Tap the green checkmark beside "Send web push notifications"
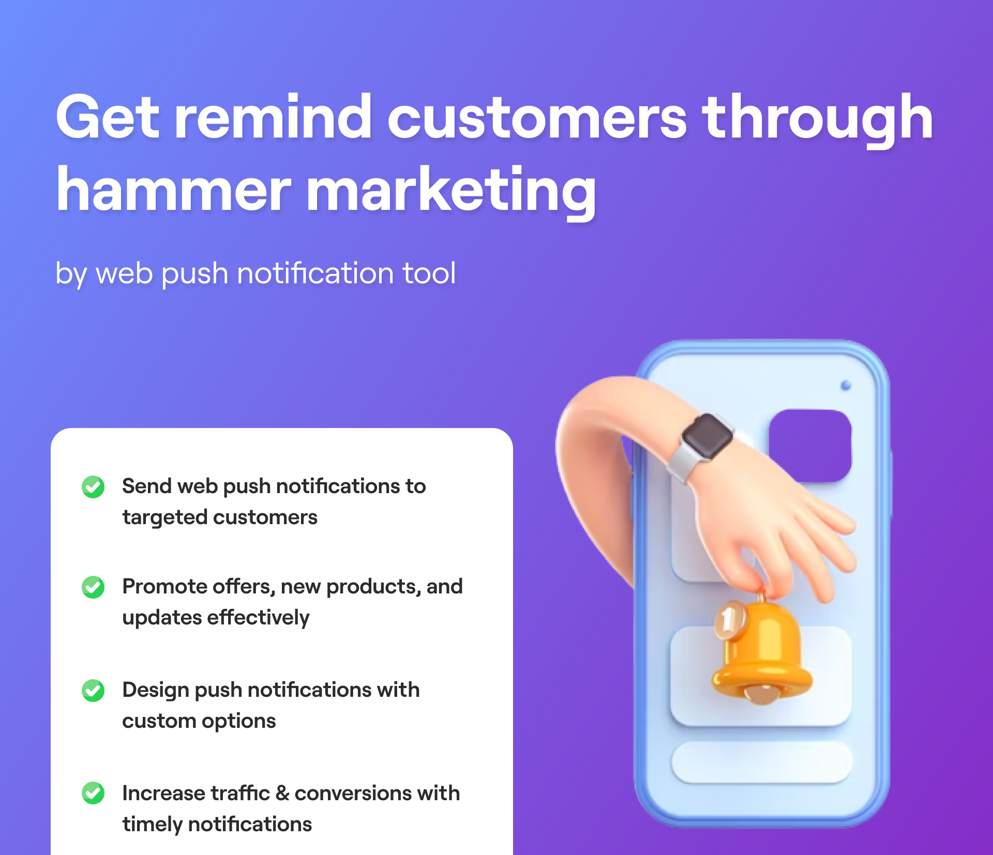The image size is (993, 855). click(93, 486)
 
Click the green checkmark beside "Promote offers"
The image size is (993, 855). click(93, 587)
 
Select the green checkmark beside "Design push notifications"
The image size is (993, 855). click(93, 691)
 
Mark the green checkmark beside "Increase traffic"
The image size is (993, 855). click(93, 793)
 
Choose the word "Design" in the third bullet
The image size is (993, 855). click(156, 691)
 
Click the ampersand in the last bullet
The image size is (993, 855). click(282, 793)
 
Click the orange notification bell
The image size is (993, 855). click(761, 651)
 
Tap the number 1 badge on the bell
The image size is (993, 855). click(729, 619)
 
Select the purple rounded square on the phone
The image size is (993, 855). click(810, 446)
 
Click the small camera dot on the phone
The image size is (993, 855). click(846, 385)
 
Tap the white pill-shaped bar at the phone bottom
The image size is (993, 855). click(761, 762)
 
